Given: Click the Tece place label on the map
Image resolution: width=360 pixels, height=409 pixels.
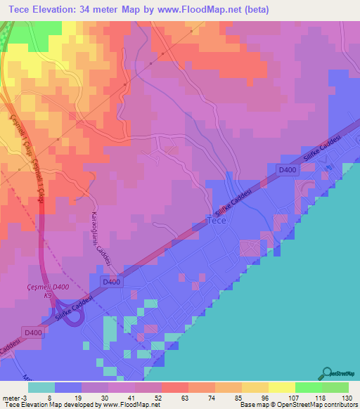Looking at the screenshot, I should [217, 221].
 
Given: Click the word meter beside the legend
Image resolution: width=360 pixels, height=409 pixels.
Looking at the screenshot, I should [11, 396].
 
